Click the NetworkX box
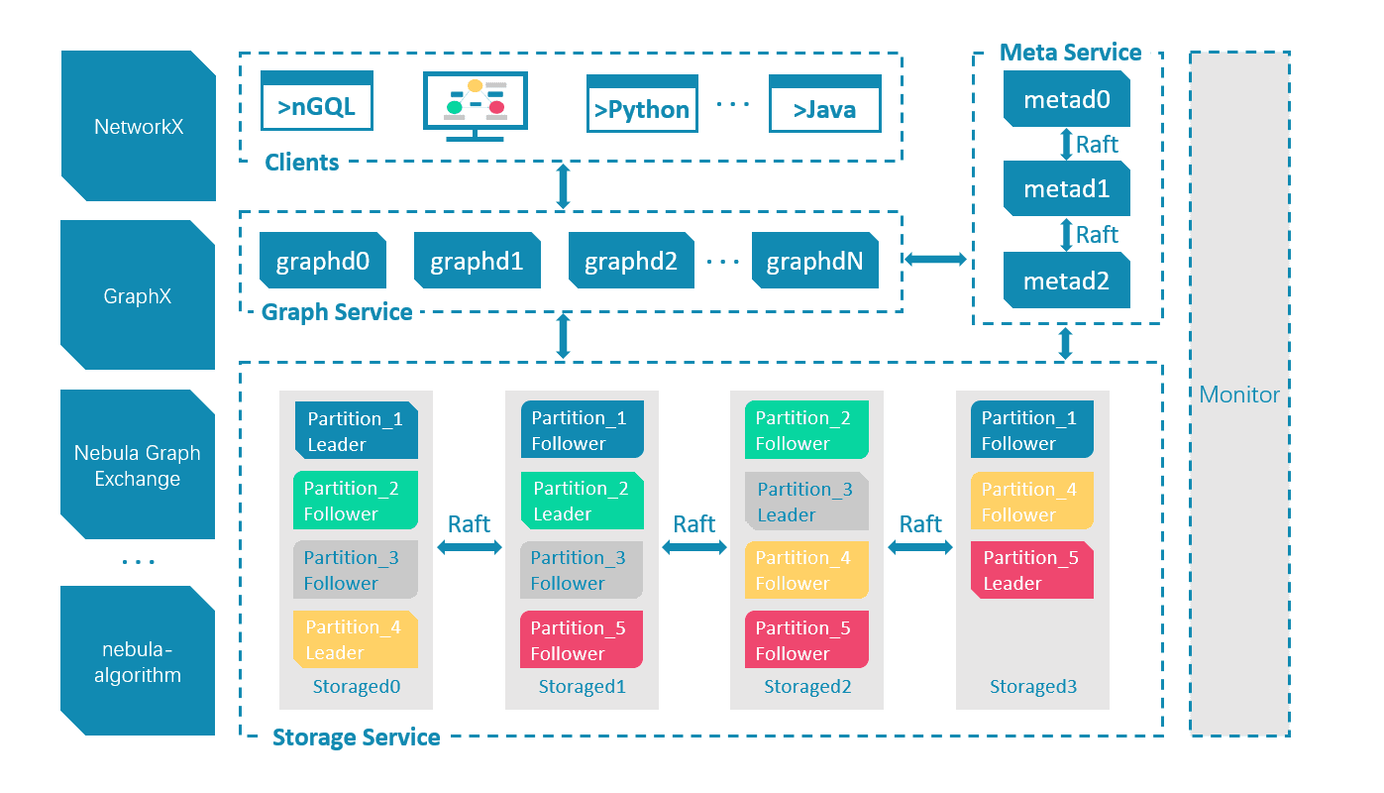pyautogui.click(x=138, y=126)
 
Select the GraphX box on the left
pyautogui.click(x=138, y=295)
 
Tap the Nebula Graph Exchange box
pyautogui.click(x=138, y=465)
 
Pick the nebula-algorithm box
pyautogui.click(x=138, y=662)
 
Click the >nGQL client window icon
pyautogui.click(x=317, y=101)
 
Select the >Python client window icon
pyautogui.click(x=642, y=104)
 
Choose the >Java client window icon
pyautogui.click(x=824, y=104)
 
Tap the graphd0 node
pyautogui.click(x=323, y=262)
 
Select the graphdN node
pyautogui.click(x=814, y=262)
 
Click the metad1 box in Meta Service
pyautogui.click(x=1066, y=189)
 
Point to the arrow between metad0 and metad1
pyautogui.click(x=1067, y=144)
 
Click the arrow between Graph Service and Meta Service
pyautogui.click(x=935, y=260)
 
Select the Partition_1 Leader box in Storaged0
pyautogui.click(x=356, y=431)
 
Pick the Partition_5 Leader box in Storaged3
pyautogui.click(x=1031, y=570)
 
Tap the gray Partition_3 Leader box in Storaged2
pyautogui.click(x=806, y=502)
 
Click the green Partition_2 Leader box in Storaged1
pyautogui.click(x=582, y=501)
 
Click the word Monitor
pyautogui.click(x=1239, y=395)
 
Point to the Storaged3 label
pyautogui.click(x=1032, y=687)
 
